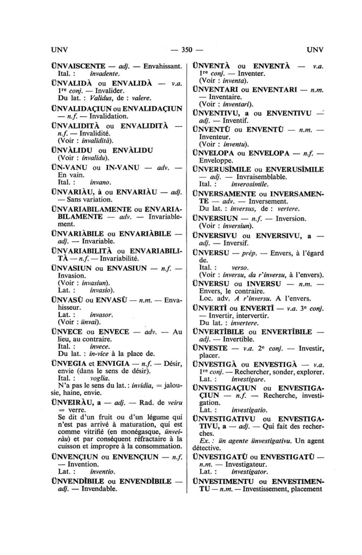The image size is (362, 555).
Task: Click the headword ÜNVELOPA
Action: pyautogui.click(x=214, y=153)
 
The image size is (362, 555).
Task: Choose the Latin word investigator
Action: pyautogui.click(x=250, y=472)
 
